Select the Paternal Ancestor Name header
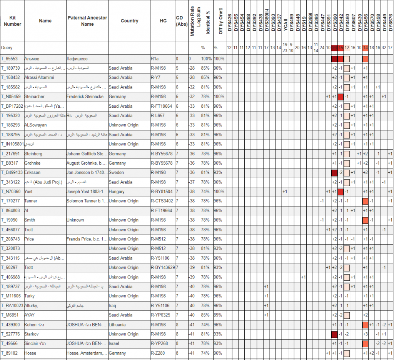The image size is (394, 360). (x=87, y=21)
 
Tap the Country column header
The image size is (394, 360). (x=129, y=21)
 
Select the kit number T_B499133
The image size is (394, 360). (x=12, y=173)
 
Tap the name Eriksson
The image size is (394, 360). (x=33, y=173)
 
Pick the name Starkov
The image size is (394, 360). (x=32, y=334)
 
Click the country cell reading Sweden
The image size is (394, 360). (x=117, y=173)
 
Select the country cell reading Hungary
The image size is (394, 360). (x=117, y=192)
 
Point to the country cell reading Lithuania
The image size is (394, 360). (x=119, y=325)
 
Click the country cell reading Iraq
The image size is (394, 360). (x=113, y=306)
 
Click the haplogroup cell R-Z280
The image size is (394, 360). (x=158, y=353)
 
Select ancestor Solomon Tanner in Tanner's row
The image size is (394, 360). (x=87, y=201)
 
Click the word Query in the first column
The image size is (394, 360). (x=7, y=48)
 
